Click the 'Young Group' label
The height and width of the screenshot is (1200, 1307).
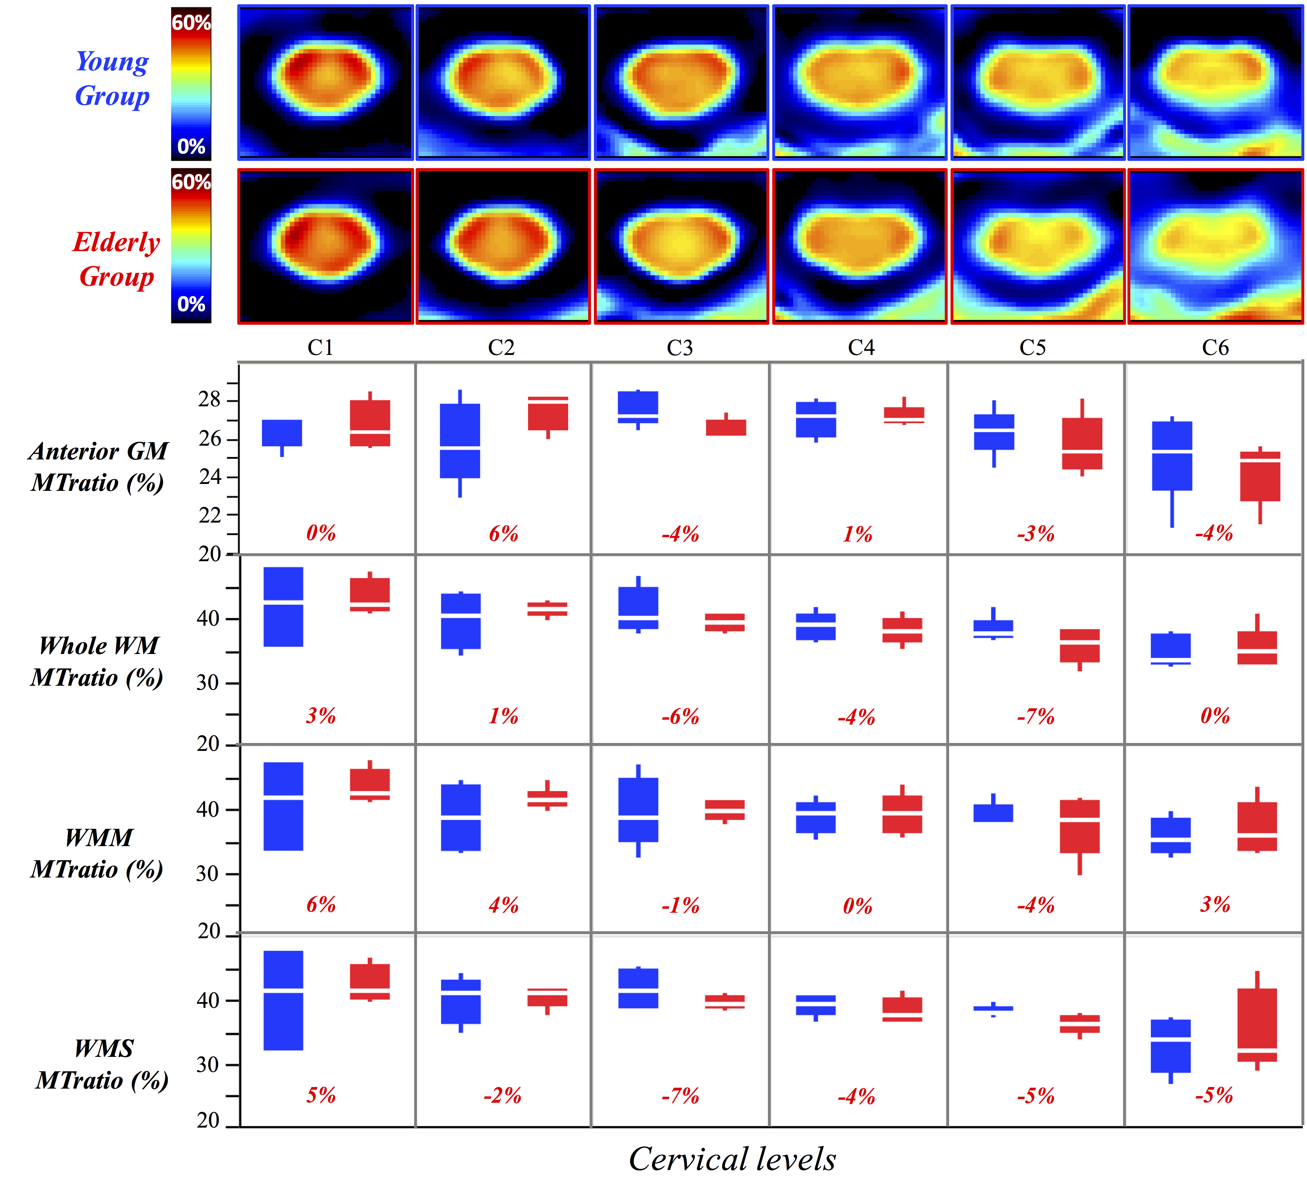pos(113,79)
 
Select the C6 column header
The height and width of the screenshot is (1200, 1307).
pos(1215,348)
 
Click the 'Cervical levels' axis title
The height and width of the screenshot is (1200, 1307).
pos(732,1159)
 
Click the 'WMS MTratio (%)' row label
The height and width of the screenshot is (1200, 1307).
pos(103,1064)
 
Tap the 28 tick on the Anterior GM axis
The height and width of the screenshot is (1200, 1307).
pos(209,399)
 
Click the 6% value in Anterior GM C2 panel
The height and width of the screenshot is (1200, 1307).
pos(504,534)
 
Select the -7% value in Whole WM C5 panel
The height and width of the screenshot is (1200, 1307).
pos(1035,716)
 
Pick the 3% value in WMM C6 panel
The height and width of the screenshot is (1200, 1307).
pos(1215,904)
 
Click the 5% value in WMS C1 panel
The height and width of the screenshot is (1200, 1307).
pos(321,1095)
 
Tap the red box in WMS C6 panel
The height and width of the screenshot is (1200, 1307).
pos(1257,1025)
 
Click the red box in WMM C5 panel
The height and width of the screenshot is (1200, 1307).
pos(1080,826)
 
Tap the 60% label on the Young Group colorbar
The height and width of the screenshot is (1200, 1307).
pos(191,23)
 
